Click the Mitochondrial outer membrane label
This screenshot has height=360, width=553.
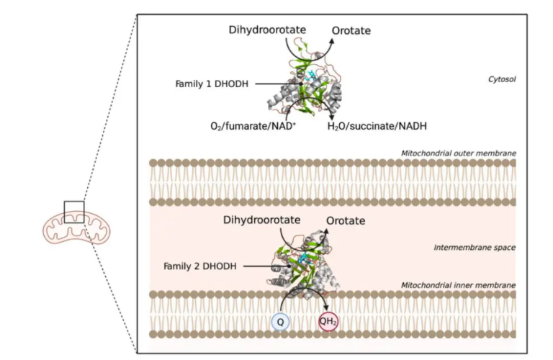458,153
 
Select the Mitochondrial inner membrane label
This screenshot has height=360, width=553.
458,285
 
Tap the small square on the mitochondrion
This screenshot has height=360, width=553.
74,212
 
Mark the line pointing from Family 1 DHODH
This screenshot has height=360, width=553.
256,84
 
